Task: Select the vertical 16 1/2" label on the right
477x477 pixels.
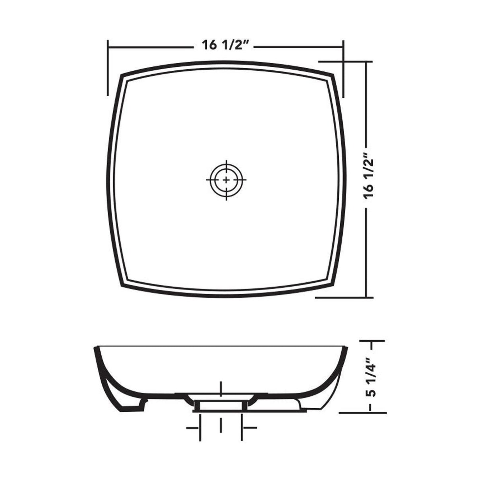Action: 368,175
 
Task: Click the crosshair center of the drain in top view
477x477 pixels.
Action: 226,180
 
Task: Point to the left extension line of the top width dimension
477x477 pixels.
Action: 108,68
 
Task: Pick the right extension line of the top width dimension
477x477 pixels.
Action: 344,69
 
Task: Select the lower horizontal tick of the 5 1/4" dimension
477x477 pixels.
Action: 362,413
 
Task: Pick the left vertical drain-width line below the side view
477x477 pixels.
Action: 200,428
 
